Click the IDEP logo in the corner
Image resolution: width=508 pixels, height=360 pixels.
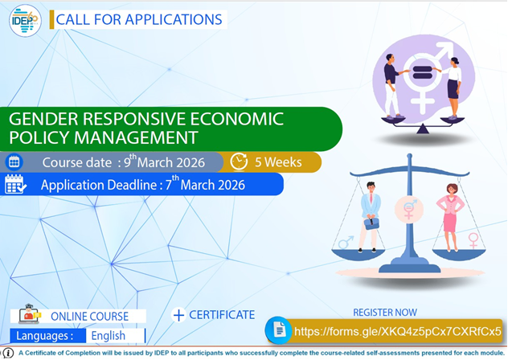pos(25,20)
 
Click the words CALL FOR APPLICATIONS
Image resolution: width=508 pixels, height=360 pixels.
pos(139,18)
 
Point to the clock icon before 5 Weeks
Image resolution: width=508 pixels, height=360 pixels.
pos(239,162)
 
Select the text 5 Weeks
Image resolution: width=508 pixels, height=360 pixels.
pos(278,162)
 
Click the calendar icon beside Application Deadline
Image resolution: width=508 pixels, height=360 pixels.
pos(15,185)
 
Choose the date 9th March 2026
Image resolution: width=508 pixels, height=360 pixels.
pos(175,162)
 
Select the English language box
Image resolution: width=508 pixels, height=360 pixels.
pos(108,336)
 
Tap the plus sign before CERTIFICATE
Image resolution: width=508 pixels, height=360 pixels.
pos(178,315)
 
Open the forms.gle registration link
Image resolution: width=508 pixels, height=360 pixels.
pos(397,331)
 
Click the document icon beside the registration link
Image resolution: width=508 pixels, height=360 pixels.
pos(278,330)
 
